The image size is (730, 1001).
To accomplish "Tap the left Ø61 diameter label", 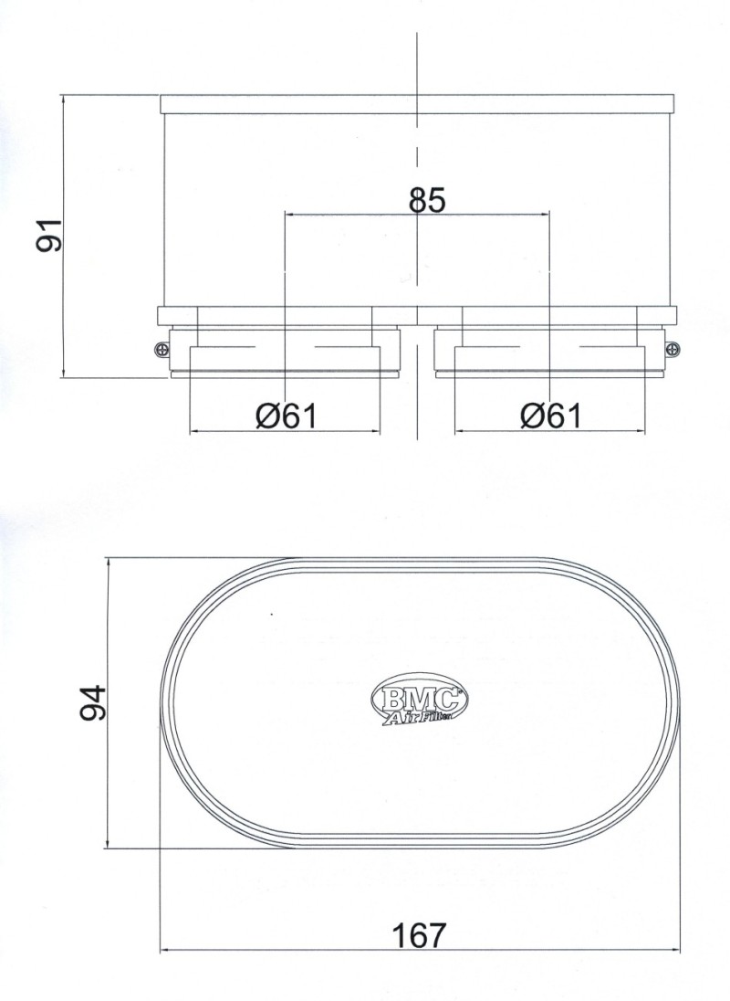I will coord(286,416).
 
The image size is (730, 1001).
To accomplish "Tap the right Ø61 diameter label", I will coord(550,416).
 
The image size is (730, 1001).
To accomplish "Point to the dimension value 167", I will coord(419,935).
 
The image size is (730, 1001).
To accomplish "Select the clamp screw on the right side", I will coord(673,348).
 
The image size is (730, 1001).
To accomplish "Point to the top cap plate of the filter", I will coord(419,104).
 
